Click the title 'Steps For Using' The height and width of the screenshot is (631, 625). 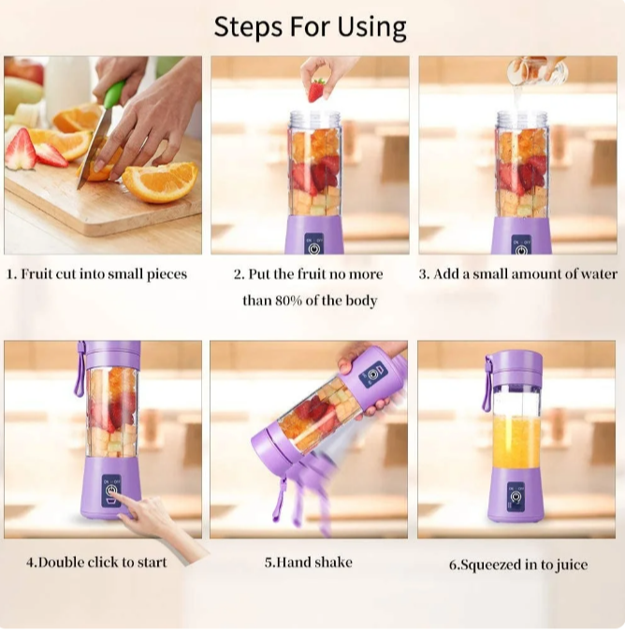(310, 27)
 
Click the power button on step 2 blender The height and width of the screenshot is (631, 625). (313, 249)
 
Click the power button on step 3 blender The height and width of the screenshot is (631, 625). (521, 249)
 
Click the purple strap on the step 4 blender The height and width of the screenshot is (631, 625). (80, 370)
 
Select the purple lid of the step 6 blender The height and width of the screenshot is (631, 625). (514, 366)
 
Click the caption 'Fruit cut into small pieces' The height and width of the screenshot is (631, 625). (97, 274)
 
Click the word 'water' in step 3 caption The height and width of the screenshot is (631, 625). (597, 274)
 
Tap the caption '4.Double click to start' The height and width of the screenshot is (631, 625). (96, 563)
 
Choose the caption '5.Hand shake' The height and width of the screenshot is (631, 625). (308, 563)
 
